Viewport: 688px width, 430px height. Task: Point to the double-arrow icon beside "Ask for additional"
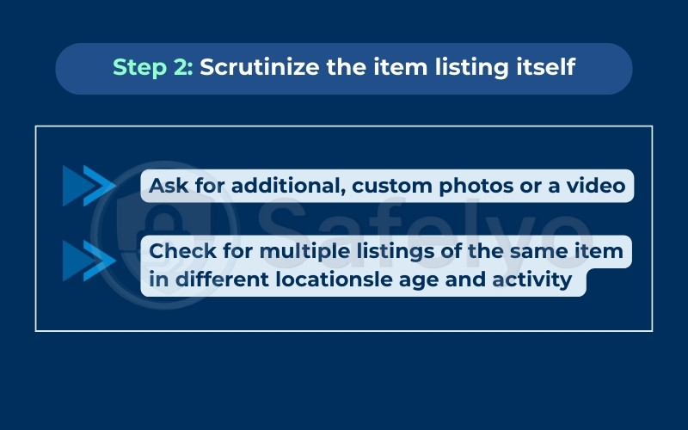[89, 186]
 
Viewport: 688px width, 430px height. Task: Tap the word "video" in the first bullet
[598, 186]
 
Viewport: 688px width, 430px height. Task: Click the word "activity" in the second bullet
[535, 280]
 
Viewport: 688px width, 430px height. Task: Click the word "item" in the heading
[412, 68]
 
